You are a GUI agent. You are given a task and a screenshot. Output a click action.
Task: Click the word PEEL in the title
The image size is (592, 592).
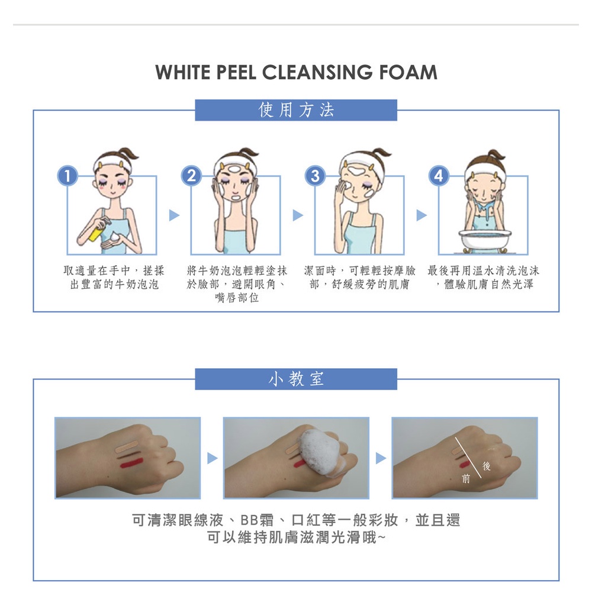tap(236, 72)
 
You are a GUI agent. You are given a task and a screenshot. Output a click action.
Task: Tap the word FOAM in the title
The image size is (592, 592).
tap(408, 72)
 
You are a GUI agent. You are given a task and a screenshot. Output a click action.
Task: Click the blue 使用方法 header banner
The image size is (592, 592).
tap(296, 110)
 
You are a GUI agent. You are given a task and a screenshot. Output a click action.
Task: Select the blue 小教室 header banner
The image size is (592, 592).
tap(296, 379)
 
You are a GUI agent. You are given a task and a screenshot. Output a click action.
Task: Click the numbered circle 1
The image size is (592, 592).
tap(67, 176)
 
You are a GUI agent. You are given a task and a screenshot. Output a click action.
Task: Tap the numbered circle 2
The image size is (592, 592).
tap(191, 176)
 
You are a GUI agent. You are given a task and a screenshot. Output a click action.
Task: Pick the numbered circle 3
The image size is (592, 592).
tap(316, 176)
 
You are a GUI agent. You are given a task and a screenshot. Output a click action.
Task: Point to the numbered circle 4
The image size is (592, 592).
tap(439, 176)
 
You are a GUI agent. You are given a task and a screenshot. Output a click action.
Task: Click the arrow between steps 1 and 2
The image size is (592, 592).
tap(174, 215)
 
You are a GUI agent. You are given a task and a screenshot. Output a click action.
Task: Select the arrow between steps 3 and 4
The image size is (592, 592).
tap(422, 215)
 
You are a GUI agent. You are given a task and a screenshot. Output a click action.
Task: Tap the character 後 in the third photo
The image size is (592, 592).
tap(486, 466)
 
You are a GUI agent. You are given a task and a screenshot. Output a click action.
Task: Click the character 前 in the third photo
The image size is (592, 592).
tap(466, 479)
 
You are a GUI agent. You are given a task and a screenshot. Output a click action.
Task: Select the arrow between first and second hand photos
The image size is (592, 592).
tap(213, 458)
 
